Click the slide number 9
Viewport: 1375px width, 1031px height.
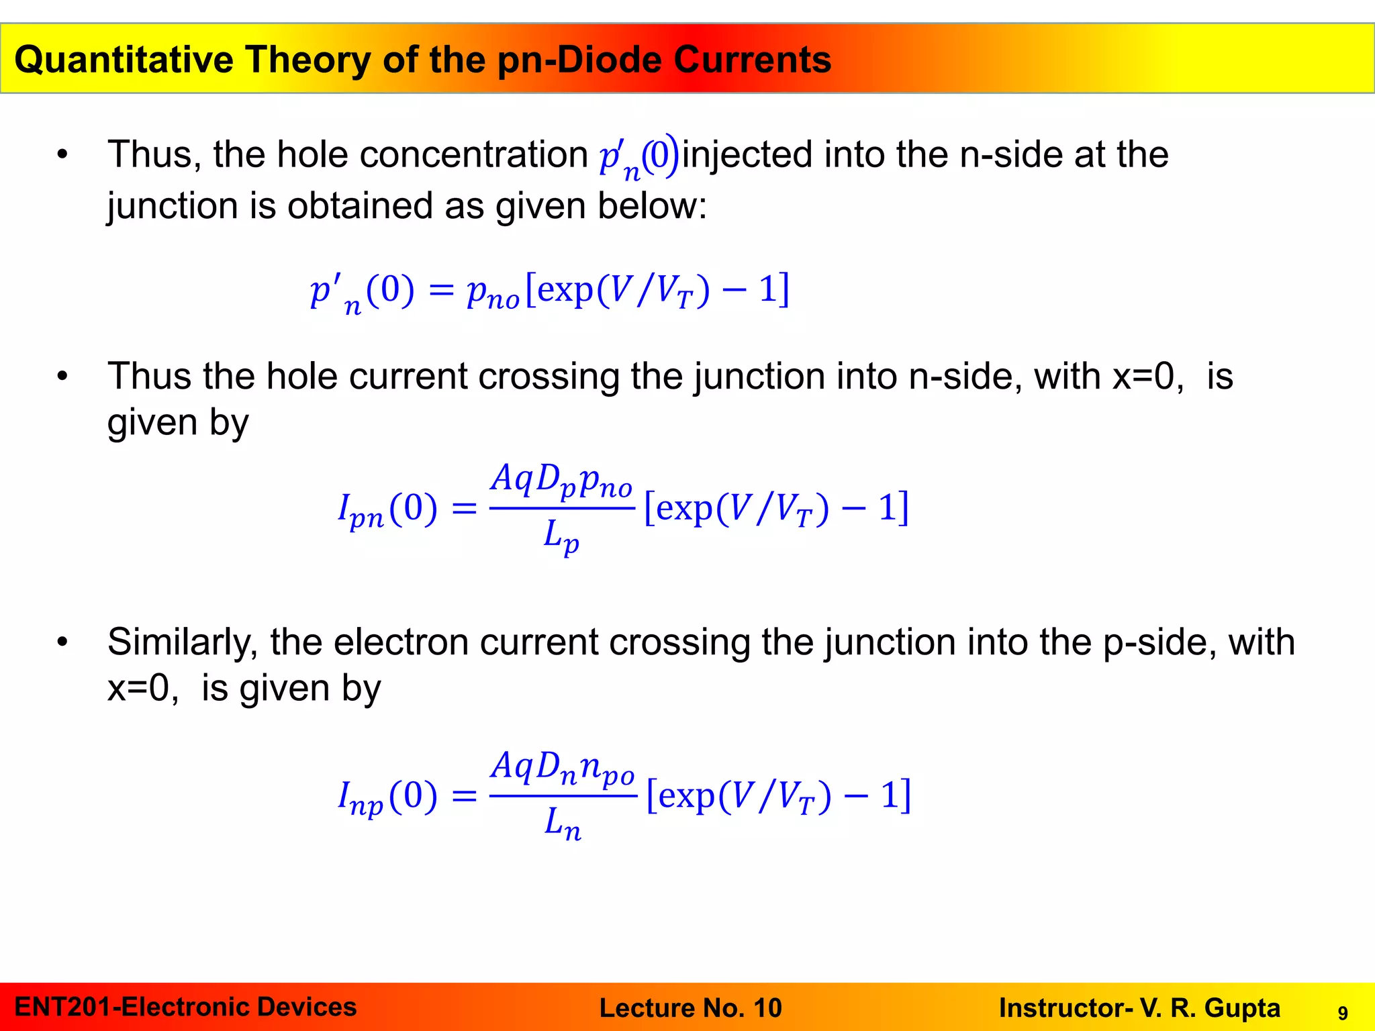1342,1013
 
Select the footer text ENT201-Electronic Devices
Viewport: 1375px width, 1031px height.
185,1008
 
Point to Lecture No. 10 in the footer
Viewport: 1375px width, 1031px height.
690,1008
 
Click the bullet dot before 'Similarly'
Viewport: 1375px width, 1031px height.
62,642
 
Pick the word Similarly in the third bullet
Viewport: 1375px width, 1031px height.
183,642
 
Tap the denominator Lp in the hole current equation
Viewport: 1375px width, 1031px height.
561,538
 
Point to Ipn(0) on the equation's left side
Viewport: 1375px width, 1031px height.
387,509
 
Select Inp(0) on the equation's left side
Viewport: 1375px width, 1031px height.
387,797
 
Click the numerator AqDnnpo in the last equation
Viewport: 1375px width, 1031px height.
563,767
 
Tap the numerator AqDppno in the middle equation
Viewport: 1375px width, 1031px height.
561,481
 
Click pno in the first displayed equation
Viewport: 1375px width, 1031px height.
493,293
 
